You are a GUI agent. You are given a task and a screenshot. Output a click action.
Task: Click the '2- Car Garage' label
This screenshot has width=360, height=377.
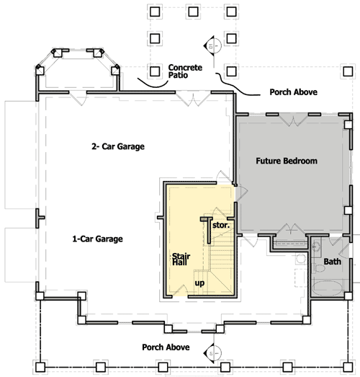coord(118,146)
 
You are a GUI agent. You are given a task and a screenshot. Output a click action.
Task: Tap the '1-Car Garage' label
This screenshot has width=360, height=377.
coord(98,239)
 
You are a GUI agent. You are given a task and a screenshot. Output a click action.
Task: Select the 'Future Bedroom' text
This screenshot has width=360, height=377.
coord(286,161)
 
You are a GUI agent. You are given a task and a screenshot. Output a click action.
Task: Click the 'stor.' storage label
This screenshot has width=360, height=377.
coord(221,225)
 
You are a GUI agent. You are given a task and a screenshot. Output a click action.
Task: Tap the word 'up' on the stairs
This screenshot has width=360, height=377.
coord(200,283)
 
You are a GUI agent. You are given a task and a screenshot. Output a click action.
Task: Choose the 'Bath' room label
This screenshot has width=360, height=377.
coord(332,262)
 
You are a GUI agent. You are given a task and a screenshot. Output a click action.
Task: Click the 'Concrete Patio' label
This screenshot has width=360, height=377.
coord(185,71)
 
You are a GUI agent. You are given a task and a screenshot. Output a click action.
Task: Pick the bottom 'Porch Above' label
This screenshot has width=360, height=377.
coord(166,347)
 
